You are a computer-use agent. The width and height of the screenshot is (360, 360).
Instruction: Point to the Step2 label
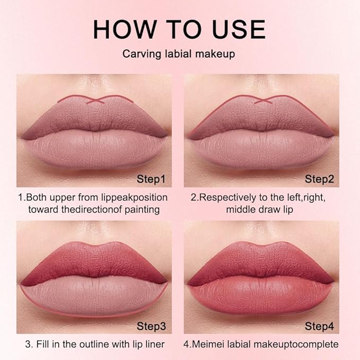pos(319,179)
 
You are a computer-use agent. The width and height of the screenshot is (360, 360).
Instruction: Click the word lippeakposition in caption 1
pos(133,197)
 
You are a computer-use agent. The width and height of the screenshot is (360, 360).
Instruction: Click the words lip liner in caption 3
pos(146,344)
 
